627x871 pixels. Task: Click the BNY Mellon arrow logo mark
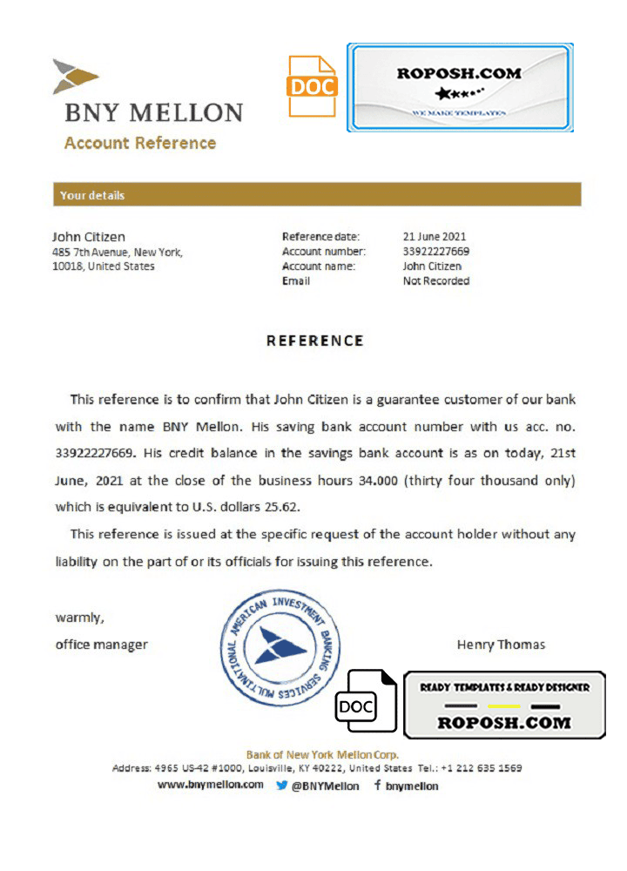click(x=76, y=77)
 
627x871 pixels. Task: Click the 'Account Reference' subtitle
click(x=140, y=143)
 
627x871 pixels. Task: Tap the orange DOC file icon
click(x=313, y=86)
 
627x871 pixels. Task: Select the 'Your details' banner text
click(x=92, y=195)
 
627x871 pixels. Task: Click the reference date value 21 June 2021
click(x=435, y=236)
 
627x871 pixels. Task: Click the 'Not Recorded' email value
click(x=436, y=281)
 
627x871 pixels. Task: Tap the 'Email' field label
click(x=296, y=281)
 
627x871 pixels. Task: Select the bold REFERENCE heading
click(x=314, y=341)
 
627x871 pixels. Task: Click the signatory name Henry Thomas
click(x=501, y=645)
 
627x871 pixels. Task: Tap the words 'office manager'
click(x=102, y=645)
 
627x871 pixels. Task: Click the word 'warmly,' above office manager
click(x=80, y=618)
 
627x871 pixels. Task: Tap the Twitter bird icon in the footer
click(x=282, y=785)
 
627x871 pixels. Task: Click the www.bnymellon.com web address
click(x=211, y=785)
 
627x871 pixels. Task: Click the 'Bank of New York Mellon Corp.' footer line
click(x=322, y=754)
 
